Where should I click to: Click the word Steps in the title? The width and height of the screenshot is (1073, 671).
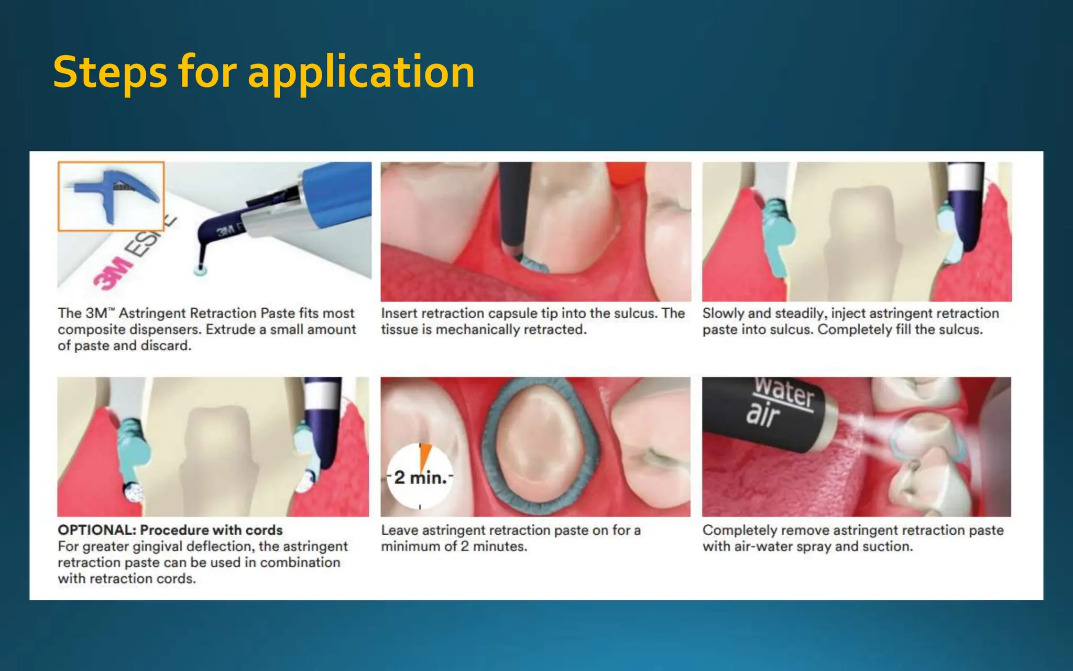tap(110, 72)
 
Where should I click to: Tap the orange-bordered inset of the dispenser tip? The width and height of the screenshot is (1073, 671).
tap(111, 196)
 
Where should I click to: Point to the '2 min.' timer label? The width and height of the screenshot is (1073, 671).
tap(421, 478)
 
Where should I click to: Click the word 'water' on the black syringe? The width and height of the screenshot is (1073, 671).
tap(784, 391)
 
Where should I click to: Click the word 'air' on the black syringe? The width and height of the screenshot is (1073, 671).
tap(763, 414)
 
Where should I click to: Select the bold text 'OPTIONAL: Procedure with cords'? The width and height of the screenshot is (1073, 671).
tap(170, 530)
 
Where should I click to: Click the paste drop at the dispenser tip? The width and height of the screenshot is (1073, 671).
tap(200, 270)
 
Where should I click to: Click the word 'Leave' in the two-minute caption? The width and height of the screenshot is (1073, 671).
tap(399, 531)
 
